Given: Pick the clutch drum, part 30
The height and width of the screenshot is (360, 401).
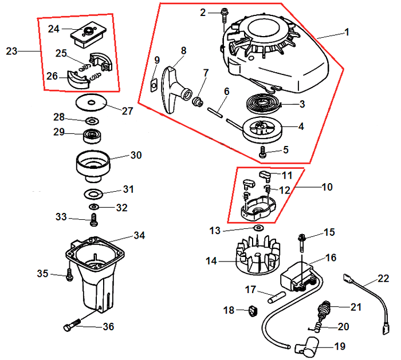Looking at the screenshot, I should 92,163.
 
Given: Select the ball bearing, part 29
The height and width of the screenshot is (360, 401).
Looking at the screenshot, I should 92,136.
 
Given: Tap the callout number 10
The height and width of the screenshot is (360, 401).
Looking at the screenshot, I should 327,187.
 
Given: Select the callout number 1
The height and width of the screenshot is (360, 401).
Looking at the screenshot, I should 346,33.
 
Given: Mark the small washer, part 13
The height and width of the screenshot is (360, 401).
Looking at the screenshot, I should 257,228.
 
